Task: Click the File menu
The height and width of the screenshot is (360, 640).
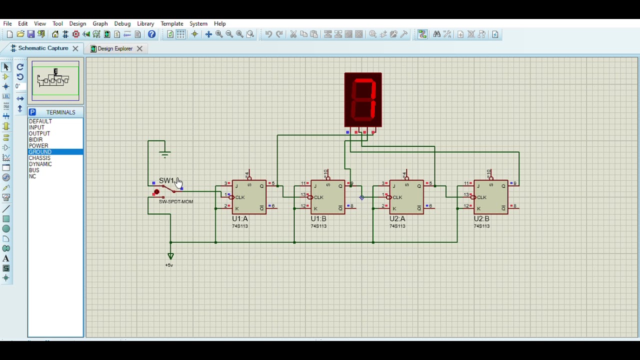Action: coord(7,23)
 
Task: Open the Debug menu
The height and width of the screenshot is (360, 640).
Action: coord(122,23)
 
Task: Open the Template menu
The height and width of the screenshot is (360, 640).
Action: coord(171,23)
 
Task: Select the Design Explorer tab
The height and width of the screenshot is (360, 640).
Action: coord(115,48)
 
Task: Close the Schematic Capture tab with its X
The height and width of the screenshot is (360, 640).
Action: coord(75,48)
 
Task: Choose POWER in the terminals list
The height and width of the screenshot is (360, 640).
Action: coord(38,146)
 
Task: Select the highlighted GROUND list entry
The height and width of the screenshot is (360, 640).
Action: coord(40,152)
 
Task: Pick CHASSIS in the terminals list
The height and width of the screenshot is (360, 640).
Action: coord(39,158)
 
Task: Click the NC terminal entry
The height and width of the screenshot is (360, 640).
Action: coord(32,176)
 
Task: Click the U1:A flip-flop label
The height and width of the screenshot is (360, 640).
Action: coord(240,218)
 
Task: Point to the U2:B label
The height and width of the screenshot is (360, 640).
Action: coord(481,218)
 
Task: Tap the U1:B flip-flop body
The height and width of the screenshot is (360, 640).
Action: coord(327,197)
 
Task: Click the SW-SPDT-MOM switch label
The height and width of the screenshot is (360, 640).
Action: coord(176,201)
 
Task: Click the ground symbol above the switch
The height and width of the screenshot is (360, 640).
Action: coord(165,154)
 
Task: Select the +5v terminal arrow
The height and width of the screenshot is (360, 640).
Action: coord(170,256)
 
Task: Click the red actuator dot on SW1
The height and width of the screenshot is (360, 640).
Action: coord(156,192)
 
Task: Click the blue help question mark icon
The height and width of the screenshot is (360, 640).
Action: coord(152,34)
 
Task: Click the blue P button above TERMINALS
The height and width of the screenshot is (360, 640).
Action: coord(32,112)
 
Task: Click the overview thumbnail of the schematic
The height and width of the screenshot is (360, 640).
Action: coord(55,80)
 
